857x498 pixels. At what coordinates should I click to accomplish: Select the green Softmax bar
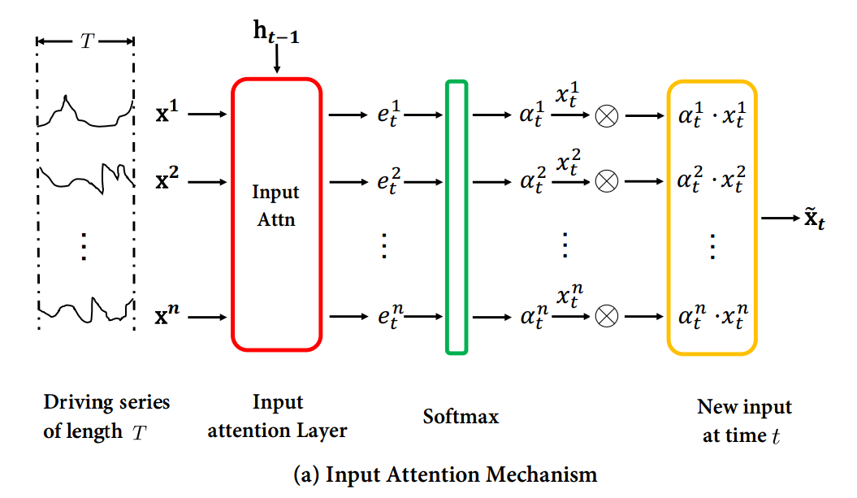(457, 217)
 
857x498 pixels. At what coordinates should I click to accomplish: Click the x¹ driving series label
(167, 114)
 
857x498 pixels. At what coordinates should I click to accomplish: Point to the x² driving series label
(167, 180)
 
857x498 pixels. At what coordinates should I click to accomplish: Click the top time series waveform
(84, 114)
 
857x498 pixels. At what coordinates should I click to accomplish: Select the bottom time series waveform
(84, 310)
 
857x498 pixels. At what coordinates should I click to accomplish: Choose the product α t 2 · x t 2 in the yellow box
(712, 182)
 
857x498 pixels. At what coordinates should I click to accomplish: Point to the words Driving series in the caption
(106, 402)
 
